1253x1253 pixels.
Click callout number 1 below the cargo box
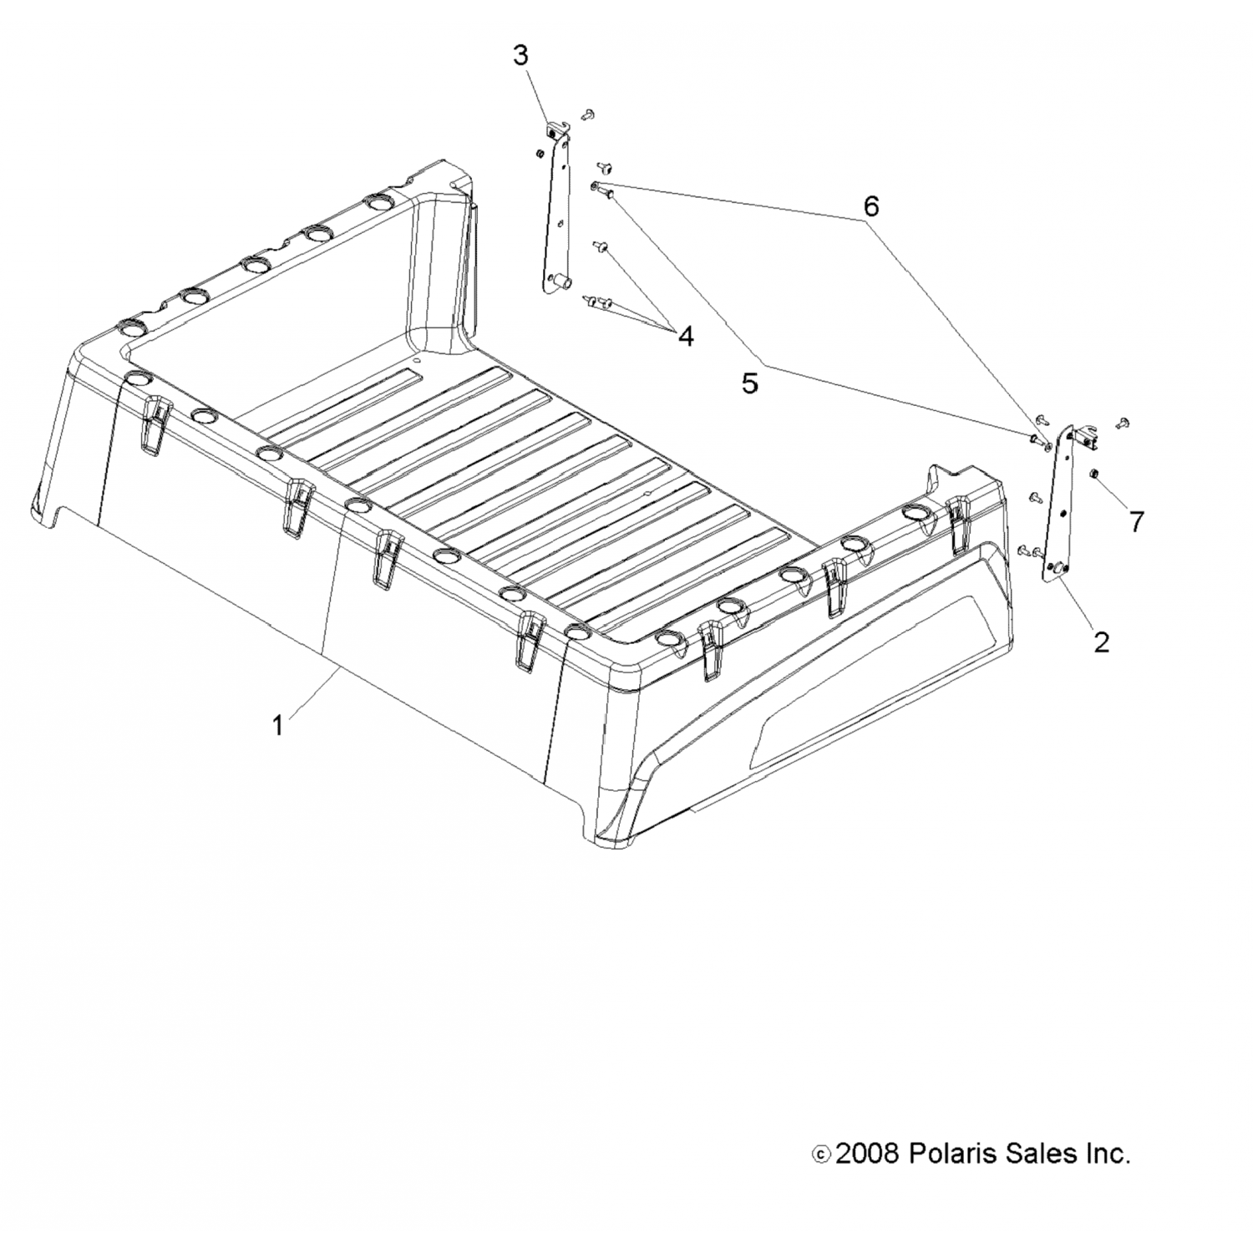278,725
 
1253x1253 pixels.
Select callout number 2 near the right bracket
1101,642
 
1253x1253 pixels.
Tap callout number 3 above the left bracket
520,56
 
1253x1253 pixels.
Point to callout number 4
685,337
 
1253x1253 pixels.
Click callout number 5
749,383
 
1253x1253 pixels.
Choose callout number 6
870,205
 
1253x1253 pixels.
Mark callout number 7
1135,521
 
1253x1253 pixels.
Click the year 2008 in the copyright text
867,1154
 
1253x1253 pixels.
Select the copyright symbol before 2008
821,1154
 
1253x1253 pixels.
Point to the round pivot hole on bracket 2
1054,569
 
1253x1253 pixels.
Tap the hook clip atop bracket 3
555,130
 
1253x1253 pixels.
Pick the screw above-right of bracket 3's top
589,114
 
